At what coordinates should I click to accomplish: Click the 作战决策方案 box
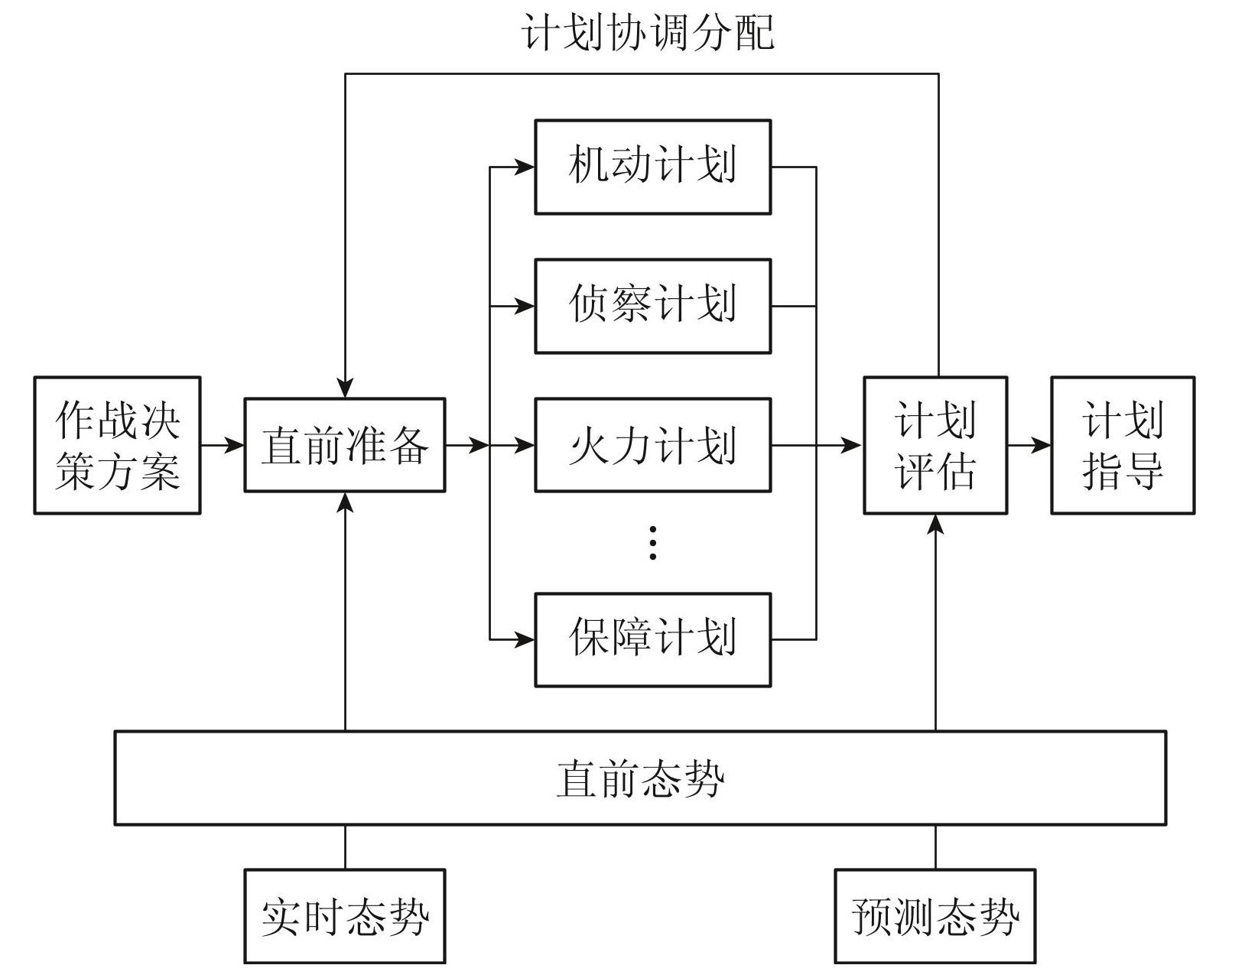[117, 445]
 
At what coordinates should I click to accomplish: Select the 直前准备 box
[344, 445]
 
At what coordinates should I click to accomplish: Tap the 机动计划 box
[652, 167]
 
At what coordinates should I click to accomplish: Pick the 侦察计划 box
[652, 306]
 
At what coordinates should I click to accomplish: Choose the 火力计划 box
[652, 445]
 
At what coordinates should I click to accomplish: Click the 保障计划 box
[652, 639]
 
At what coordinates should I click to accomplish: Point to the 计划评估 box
[935, 445]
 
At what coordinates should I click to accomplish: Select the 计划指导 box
[1123, 445]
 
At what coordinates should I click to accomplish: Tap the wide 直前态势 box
[640, 778]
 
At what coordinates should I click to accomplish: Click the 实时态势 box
[344, 915]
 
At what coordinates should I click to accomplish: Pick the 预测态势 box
[935, 915]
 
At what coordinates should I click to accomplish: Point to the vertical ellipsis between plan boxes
[652, 542]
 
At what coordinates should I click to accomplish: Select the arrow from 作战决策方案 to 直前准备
[223, 445]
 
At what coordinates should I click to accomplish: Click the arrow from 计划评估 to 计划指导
[1029, 445]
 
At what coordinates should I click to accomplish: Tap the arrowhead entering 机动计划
[525, 167]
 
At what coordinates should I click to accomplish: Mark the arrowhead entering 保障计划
[525, 639]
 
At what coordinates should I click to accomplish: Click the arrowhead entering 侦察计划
[525, 306]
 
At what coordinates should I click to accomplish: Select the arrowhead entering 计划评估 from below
[935, 524]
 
